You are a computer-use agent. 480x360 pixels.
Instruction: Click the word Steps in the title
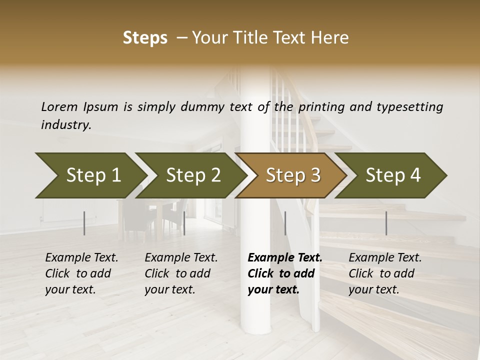point(145,38)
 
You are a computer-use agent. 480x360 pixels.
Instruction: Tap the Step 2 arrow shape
point(193,175)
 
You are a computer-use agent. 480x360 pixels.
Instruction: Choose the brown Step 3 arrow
point(293,175)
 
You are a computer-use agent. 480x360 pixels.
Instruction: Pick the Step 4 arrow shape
point(393,175)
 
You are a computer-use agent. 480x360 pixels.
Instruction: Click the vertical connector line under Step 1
point(84,223)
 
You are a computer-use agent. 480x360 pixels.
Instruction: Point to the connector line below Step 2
point(184,223)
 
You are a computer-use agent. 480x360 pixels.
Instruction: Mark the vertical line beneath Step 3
point(285,223)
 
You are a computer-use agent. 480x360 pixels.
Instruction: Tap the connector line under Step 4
point(386,223)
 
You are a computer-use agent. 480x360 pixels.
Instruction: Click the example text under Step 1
point(81,273)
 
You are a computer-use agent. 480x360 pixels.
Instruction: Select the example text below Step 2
point(180,273)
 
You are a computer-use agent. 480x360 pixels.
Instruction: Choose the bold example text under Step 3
point(284,273)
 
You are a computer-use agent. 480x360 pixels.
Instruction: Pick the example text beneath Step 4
point(384,273)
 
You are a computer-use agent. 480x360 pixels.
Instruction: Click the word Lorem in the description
point(59,106)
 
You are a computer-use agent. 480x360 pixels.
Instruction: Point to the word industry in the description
point(66,124)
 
